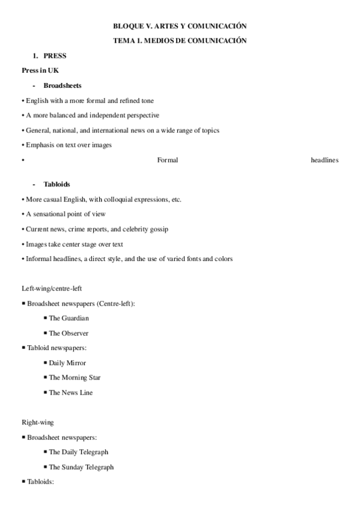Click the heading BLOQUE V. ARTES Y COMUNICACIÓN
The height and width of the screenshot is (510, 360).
pos(180,26)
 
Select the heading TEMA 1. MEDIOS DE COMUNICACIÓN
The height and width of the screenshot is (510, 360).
pos(180,41)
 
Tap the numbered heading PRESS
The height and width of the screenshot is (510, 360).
pos(55,56)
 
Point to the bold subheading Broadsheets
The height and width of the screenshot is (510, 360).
pos(63,85)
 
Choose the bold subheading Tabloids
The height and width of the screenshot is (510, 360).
pos(56,184)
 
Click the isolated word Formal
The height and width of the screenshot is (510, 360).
pos(167,160)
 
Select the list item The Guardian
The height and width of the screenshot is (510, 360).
pos(69,318)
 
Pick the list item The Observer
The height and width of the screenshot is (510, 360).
pos(69,333)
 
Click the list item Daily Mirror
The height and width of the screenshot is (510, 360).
pos(67,363)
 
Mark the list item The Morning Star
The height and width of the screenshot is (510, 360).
pos(75,378)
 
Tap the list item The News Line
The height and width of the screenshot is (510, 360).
pos(71,393)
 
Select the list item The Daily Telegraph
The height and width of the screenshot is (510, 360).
pos(78,452)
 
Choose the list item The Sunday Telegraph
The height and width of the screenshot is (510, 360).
pos(81,467)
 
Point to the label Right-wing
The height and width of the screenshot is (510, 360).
pos(37,422)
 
